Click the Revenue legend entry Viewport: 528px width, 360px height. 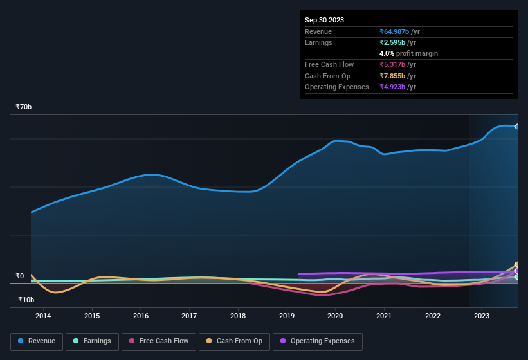(37, 341)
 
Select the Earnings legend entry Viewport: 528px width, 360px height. (93, 341)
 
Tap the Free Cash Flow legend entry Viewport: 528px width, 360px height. (159, 341)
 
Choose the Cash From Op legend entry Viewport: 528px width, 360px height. (235, 341)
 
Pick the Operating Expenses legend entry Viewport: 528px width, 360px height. (318, 341)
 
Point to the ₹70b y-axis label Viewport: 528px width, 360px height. (24, 107)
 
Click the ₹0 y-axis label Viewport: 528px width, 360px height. (20, 276)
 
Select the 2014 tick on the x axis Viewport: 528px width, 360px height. (43, 316)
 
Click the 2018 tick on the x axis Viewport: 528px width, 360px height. (238, 316)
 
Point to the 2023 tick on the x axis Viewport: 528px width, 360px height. (481, 316)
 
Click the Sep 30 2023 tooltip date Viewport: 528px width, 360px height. (324, 20)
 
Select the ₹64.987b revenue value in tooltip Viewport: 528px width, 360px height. (399, 32)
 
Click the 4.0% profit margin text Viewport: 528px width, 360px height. (408, 53)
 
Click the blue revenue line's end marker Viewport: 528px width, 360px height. (517, 127)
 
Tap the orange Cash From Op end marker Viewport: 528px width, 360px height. (517, 265)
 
